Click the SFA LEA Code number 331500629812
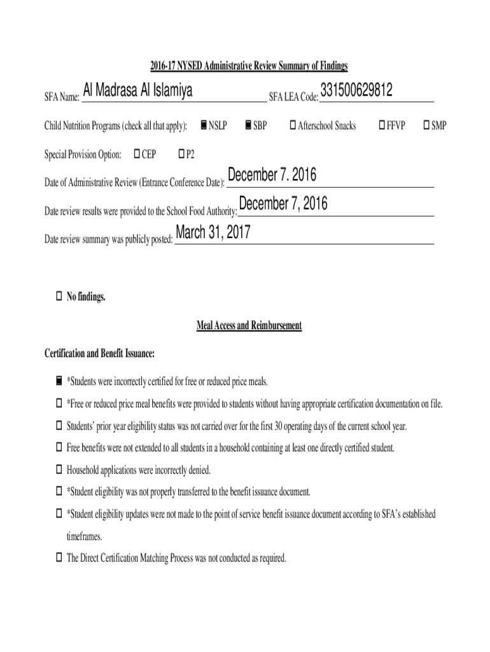click(x=356, y=92)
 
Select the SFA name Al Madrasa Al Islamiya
click(x=138, y=92)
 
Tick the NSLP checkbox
click(x=203, y=125)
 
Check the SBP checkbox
click(x=248, y=125)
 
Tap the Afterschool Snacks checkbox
click(x=293, y=125)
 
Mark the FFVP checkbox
click(x=381, y=125)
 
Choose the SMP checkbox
click(x=426, y=125)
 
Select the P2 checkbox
click(x=181, y=154)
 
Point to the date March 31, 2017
click(x=213, y=234)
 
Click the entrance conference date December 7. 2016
click(x=272, y=175)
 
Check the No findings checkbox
click(x=58, y=297)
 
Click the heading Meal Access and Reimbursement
click(x=249, y=326)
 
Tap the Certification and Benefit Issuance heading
click(x=99, y=353)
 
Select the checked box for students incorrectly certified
click(x=58, y=381)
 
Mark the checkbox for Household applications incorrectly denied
click(x=58, y=470)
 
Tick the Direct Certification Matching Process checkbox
click(x=58, y=558)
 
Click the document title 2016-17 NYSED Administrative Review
click(x=249, y=66)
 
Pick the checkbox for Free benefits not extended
click(x=58, y=448)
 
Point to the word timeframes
click(x=84, y=536)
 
